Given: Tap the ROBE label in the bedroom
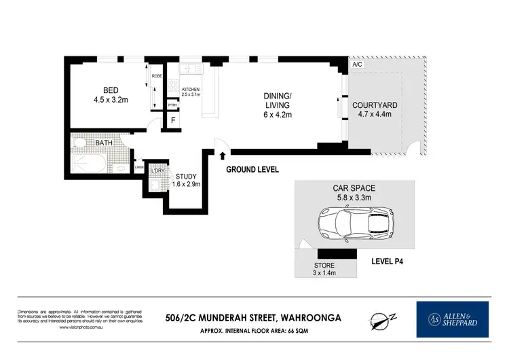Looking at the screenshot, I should point(156,76).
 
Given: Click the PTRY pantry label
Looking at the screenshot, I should point(172,105).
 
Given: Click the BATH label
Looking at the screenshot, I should point(104,143).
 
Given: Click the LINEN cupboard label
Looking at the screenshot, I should point(139,166).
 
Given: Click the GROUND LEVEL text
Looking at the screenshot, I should point(252,169).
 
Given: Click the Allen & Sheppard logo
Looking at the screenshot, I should point(451,319).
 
